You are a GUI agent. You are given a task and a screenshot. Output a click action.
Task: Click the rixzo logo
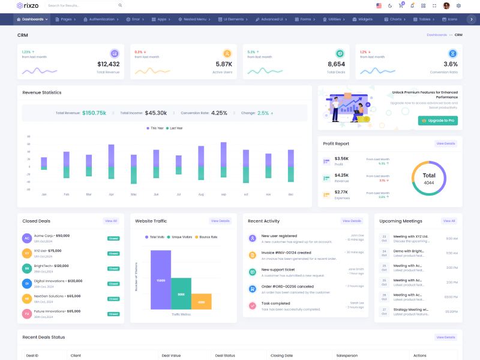coord(29,5)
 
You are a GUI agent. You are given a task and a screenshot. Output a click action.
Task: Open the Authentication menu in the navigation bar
coord(101,19)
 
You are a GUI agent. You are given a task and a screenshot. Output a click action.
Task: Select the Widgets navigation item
coord(364,19)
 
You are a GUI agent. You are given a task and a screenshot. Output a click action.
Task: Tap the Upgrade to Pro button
coord(437,121)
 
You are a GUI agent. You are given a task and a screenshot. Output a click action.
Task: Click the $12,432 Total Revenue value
coord(108,64)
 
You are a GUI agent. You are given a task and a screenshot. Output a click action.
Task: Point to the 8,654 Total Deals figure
coord(336,64)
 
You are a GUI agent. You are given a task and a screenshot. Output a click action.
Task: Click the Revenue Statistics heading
coord(42,92)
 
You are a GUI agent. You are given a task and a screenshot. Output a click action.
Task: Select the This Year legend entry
coord(155,128)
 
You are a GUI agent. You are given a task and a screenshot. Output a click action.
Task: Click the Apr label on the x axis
coord(111,194)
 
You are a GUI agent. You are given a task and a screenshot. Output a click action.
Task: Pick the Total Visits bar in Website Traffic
coord(160,280)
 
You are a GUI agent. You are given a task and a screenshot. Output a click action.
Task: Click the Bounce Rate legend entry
coord(207,237)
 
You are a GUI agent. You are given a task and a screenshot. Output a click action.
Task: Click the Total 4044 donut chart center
coord(428,178)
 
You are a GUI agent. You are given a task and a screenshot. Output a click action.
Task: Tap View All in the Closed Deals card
coord(111,221)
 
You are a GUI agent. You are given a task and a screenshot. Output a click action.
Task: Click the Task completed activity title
coord(275,303)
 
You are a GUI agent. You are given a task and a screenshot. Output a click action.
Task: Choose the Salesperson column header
coord(347,355)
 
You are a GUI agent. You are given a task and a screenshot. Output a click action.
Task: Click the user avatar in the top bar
coord(446,5)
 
